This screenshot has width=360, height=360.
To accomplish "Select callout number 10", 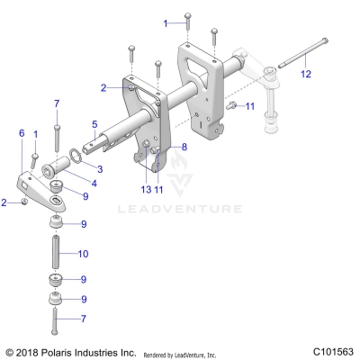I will pyautogui.click(x=84, y=254).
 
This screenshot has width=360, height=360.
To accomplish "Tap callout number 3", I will pyautogui.click(x=100, y=168).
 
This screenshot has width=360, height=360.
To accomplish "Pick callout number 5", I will pyautogui.click(x=94, y=123).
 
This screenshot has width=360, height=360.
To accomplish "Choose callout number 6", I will pyautogui.click(x=21, y=132).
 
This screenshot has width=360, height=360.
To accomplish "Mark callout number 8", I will pyautogui.click(x=184, y=146).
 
